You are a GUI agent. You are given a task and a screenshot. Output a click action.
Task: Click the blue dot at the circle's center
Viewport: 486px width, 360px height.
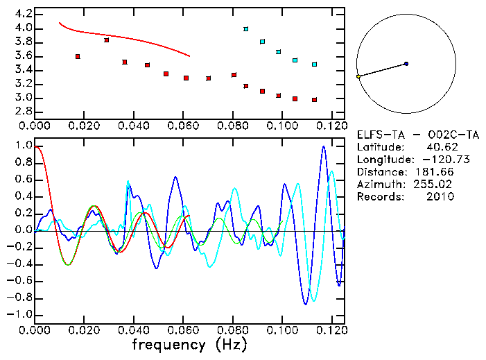pyautogui.click(x=406, y=64)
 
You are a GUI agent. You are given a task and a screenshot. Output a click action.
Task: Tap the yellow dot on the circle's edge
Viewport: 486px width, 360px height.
pyautogui.click(x=358, y=76)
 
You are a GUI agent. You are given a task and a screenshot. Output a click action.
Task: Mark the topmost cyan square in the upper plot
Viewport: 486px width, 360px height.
pyautogui.click(x=246, y=29)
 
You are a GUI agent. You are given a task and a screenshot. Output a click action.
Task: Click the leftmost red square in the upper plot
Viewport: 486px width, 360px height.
pyautogui.click(x=78, y=56)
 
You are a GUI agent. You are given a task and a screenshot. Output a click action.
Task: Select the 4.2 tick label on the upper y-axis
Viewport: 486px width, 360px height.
pyautogui.click(x=23, y=14)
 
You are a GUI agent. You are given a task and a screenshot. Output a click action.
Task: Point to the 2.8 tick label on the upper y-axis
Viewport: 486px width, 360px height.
pyautogui.click(x=23, y=112)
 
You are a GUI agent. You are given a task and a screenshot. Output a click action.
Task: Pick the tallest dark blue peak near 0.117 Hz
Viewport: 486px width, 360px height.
pyautogui.click(x=323, y=146)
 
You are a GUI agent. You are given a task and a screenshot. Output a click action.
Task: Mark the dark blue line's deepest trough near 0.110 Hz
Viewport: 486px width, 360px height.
pyautogui.click(x=305, y=304)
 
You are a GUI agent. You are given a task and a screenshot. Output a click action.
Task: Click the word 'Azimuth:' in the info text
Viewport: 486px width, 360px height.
pyautogui.click(x=379, y=184)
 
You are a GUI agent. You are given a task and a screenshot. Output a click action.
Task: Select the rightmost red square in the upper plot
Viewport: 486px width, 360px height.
pyautogui.click(x=315, y=100)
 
